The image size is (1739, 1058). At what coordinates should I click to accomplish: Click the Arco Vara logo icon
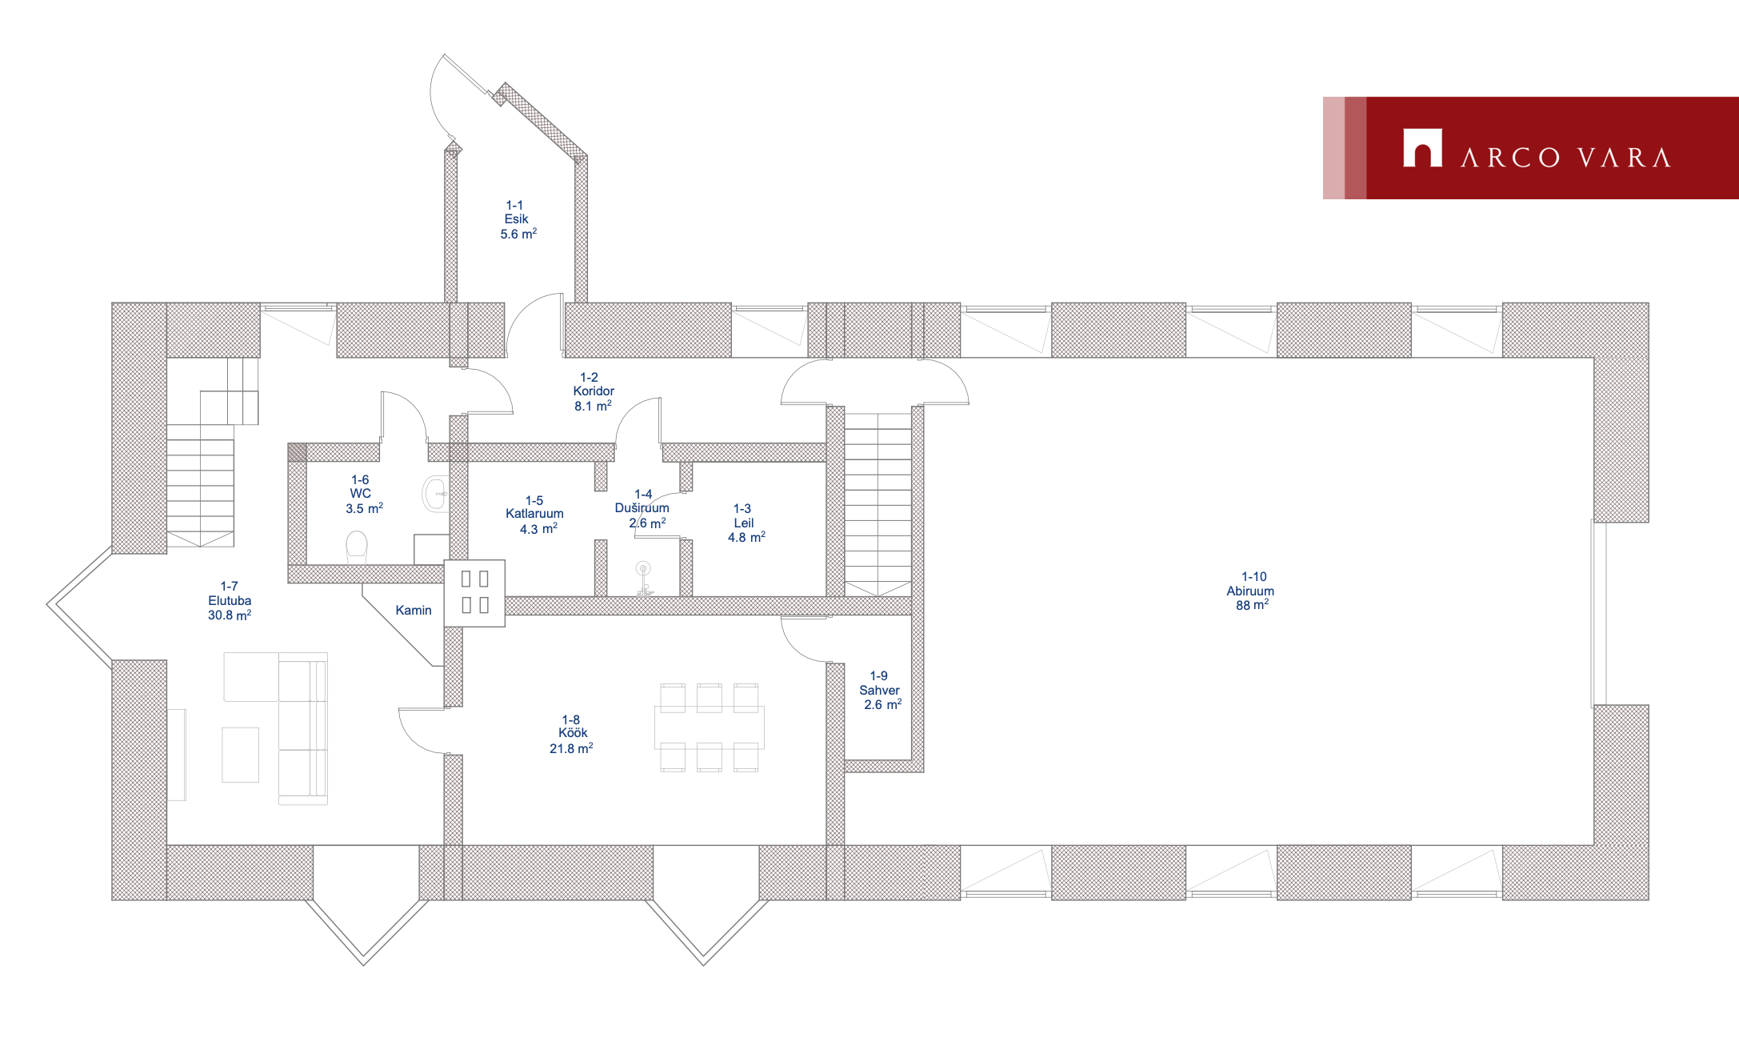coord(1422,148)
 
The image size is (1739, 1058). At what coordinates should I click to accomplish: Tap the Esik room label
coord(516,219)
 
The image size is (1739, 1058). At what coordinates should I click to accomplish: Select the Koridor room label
coord(594,391)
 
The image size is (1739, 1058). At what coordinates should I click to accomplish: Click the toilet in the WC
coord(357,548)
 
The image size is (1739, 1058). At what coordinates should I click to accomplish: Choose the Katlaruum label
coord(534,514)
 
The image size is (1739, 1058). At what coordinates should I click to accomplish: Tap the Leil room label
coord(744,523)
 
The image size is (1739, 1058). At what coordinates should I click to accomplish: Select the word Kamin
coord(414,611)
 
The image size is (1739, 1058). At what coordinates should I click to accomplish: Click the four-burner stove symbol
coord(475,592)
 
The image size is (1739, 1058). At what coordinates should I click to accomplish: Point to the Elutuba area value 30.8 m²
coord(230,615)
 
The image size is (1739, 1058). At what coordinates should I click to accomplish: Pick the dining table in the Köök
coord(709,727)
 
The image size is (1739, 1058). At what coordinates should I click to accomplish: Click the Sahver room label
coord(879,690)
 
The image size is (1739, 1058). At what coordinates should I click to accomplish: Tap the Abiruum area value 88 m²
coord(1252,606)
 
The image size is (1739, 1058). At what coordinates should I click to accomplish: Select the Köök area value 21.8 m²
coord(571,749)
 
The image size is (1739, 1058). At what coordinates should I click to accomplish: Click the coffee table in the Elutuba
coord(241,754)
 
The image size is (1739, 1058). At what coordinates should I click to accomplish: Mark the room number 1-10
coord(1254,577)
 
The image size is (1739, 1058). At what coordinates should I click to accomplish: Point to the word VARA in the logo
coord(1624,158)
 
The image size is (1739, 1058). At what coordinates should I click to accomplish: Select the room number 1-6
coord(360,480)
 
